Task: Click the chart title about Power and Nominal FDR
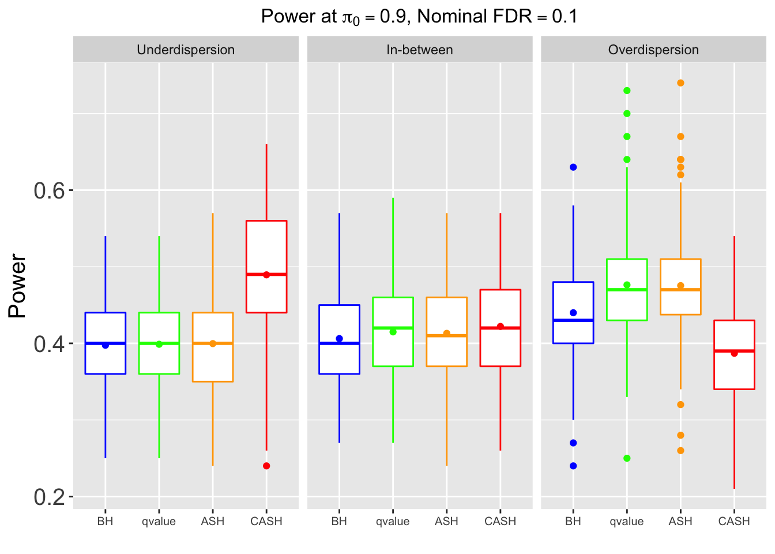[419, 16]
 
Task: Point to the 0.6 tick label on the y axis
[50, 190]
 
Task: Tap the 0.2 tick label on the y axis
[50, 496]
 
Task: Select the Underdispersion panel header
[186, 50]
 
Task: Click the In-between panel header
[419, 50]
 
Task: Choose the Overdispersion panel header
[653, 50]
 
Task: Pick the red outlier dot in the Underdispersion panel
[266, 466]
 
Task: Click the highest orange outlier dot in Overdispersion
[680, 83]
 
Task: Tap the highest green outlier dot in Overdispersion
[627, 91]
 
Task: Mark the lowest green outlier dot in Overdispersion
[627, 458]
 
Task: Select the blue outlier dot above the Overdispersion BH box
[573, 167]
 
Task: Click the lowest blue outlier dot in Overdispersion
[573, 466]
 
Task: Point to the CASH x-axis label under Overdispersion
[734, 522]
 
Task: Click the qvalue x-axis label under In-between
[393, 522]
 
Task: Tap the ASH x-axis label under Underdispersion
[213, 522]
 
